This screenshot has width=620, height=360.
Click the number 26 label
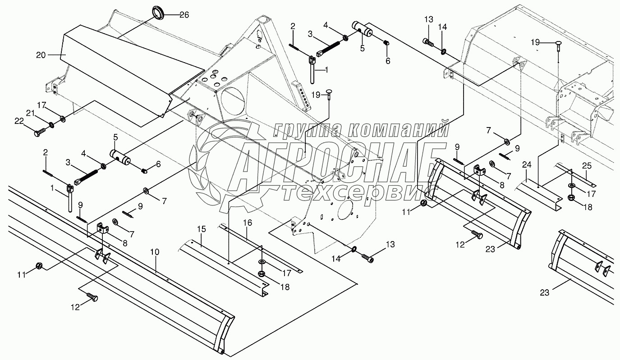[x=184, y=15]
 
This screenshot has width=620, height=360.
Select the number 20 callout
[x=41, y=55]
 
